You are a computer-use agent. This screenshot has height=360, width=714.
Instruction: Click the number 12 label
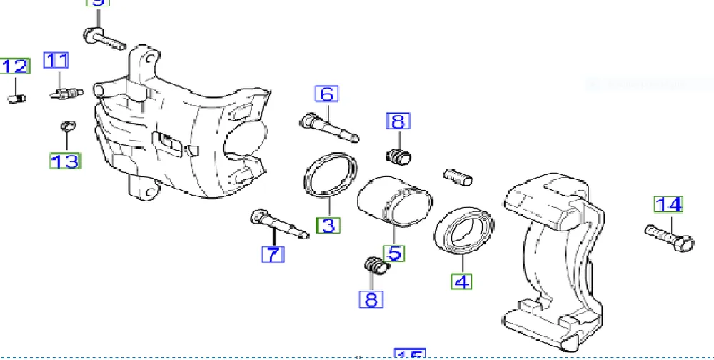click(x=15, y=66)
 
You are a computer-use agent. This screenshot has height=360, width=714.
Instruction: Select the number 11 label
click(x=56, y=61)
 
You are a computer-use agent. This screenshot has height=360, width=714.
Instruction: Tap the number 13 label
click(x=65, y=161)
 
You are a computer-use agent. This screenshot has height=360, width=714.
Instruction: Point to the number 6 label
click(x=327, y=94)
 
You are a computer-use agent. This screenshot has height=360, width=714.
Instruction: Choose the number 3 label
click(x=328, y=226)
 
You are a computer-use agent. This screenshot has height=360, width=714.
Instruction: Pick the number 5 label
click(x=394, y=252)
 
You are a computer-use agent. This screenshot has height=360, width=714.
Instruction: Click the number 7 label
click(x=273, y=254)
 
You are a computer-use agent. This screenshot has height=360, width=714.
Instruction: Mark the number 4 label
click(x=462, y=281)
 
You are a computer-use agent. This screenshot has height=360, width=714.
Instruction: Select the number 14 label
click(x=669, y=205)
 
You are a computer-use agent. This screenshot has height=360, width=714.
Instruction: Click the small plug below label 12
click(x=17, y=98)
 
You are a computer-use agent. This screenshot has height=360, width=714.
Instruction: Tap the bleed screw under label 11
click(x=66, y=93)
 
